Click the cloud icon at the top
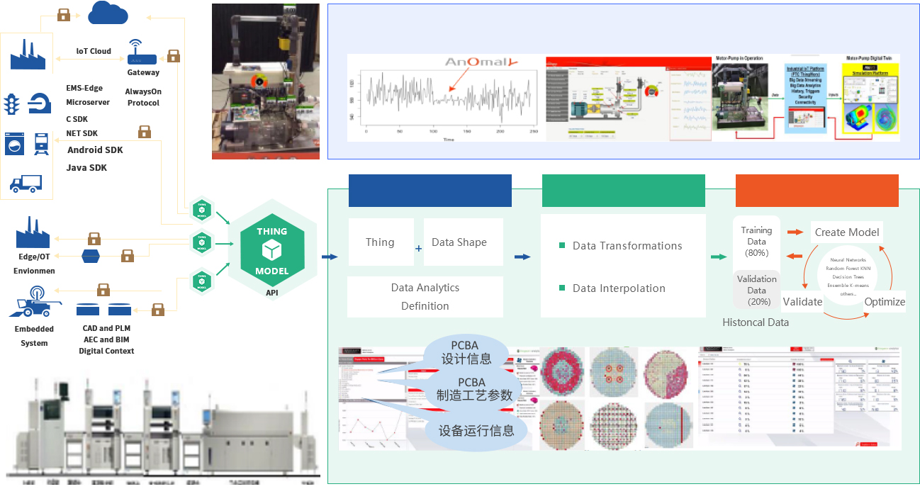(x=108, y=13)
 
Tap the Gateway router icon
(x=142, y=52)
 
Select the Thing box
(x=381, y=242)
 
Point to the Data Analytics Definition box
(x=425, y=297)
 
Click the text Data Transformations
(x=627, y=246)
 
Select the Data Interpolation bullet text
(x=619, y=288)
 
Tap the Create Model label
(x=847, y=232)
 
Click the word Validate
(x=802, y=302)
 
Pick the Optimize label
(x=885, y=302)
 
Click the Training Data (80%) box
(x=756, y=242)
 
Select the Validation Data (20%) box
(x=756, y=290)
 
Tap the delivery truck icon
(x=26, y=184)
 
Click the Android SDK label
(x=95, y=150)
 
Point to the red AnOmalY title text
(x=477, y=63)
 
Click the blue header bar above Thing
(x=430, y=190)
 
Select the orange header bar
(x=817, y=190)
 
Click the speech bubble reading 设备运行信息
(x=476, y=430)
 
